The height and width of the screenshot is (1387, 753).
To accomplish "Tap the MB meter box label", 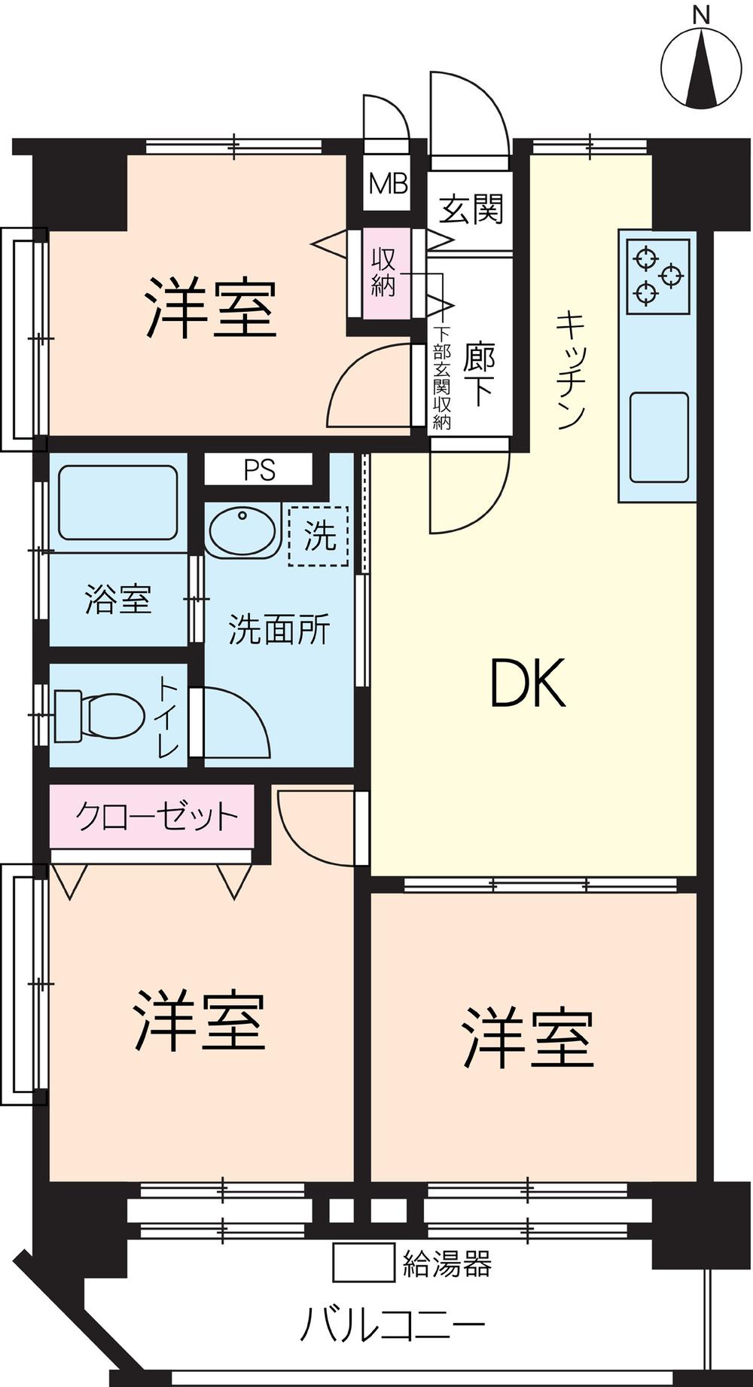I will (388, 184).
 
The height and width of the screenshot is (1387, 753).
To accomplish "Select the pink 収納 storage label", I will (384, 273).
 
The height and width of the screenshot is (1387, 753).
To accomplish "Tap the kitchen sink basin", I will (660, 437).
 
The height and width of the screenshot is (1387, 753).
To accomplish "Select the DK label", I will (527, 683).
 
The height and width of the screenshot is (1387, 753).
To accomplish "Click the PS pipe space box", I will (258, 470).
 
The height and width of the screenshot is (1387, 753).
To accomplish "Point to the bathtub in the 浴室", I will (118, 503).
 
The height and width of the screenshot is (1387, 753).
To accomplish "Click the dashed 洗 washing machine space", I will (319, 536).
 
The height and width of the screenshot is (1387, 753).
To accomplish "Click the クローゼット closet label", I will (157, 816).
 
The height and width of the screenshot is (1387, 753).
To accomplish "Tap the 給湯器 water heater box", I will (364, 1263).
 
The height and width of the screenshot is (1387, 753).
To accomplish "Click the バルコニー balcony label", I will (392, 1324).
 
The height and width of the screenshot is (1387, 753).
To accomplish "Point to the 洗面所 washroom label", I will (279, 629).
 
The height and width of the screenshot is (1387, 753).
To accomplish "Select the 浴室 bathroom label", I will (118, 600).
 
